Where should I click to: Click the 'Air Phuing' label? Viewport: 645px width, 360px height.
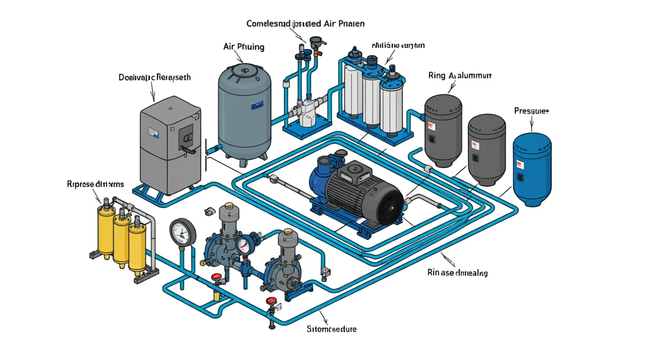pos(244,47)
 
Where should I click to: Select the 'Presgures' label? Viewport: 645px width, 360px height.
pos(531,111)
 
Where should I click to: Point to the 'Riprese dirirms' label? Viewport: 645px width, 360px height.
pos(96,184)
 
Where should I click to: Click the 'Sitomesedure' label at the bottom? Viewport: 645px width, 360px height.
pos(331,329)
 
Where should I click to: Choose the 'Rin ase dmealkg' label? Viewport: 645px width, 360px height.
pos(457,273)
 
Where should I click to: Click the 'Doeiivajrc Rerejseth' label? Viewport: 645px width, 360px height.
pos(155,77)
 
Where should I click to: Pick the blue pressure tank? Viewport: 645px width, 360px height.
pos(532,169)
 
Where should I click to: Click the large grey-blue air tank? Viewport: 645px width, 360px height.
pos(244,112)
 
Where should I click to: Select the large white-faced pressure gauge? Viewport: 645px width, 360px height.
pos(183,231)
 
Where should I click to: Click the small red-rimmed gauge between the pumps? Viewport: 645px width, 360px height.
pos(242,245)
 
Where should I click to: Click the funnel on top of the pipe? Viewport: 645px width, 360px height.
pos(315,41)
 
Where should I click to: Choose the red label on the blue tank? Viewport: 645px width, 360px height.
pos(519,164)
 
